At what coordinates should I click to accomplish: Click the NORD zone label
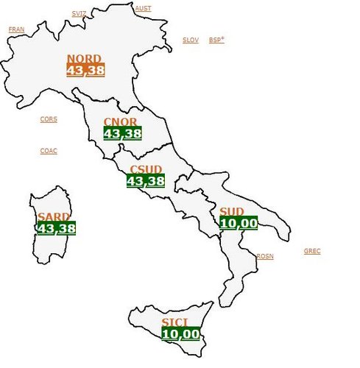85,59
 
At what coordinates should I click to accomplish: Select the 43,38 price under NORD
85,71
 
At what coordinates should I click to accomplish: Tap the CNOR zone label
120,122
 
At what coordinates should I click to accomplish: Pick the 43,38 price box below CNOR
122,133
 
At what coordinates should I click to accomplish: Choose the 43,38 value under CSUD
145,180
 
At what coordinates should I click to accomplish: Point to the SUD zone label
232,212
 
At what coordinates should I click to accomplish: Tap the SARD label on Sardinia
53,217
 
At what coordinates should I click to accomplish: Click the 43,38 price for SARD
56,228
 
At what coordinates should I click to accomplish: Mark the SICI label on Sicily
175,322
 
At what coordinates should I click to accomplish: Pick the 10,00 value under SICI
180,333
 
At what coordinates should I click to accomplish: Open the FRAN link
16,29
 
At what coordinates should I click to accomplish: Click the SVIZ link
79,14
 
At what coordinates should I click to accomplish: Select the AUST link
143,8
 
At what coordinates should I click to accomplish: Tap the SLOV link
191,40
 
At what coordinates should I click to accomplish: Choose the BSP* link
216,40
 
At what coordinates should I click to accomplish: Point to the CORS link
49,119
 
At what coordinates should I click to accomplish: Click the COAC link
49,151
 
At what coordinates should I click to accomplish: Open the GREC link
312,251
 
